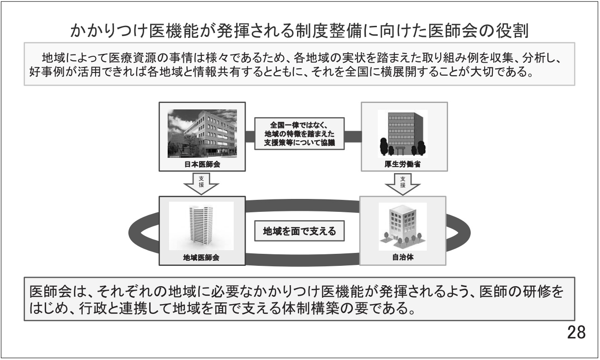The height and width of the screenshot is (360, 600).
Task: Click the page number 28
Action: (x=576, y=332)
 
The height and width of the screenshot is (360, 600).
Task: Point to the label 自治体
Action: (x=403, y=258)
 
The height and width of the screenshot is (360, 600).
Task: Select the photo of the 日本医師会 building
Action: (x=202, y=133)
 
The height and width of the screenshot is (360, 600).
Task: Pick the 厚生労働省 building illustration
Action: (x=403, y=133)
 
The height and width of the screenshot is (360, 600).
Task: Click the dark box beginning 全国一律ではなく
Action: (x=299, y=134)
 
